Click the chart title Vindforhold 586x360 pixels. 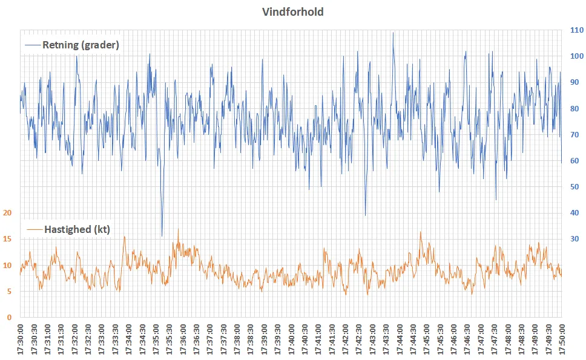pyautogui.click(x=293, y=11)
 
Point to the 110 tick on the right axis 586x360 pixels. pyautogui.click(x=576, y=30)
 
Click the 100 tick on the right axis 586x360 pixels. pyautogui.click(x=576, y=56)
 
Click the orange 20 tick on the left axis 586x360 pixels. pyautogui.click(x=8, y=213)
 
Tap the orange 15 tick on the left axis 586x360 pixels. pyautogui.click(x=8, y=239)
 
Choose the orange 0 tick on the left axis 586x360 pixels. pyautogui.click(x=10, y=317)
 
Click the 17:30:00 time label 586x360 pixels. pyautogui.click(x=21, y=338)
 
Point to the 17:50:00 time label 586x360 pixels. pyautogui.click(x=562, y=338)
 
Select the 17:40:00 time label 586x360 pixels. pyautogui.click(x=291, y=338)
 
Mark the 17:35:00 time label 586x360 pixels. pyautogui.click(x=156, y=338)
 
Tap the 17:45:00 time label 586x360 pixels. pyautogui.click(x=427, y=338)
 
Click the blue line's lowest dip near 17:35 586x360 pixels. pyautogui.click(x=162, y=235)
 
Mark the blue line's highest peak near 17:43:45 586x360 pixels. pyautogui.click(x=393, y=33)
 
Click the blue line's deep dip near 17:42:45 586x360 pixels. pyautogui.click(x=365, y=215)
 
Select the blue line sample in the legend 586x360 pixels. pyautogui.click(x=32, y=45)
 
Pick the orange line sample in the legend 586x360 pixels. pyautogui.click(x=35, y=229)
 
